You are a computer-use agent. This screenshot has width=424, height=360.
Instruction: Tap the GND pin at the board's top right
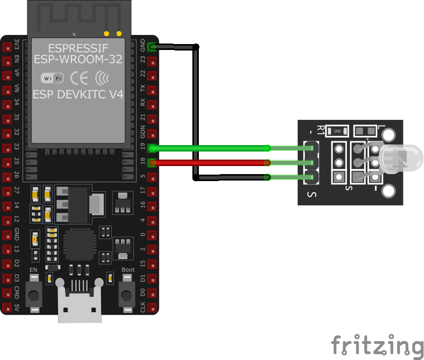click(x=153, y=47)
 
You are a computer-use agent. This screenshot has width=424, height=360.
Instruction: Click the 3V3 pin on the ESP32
click(x=6, y=47)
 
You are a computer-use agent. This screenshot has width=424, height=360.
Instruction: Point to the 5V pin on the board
click(x=6, y=308)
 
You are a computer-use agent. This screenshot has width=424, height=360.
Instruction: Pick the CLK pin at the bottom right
click(x=153, y=308)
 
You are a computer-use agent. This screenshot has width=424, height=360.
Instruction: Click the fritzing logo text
click(x=377, y=345)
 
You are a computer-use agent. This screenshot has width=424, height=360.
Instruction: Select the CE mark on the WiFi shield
click(x=80, y=78)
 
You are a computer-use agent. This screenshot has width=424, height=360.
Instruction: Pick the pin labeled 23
click(x=153, y=61)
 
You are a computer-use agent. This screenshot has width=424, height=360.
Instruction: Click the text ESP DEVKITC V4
click(x=78, y=94)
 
